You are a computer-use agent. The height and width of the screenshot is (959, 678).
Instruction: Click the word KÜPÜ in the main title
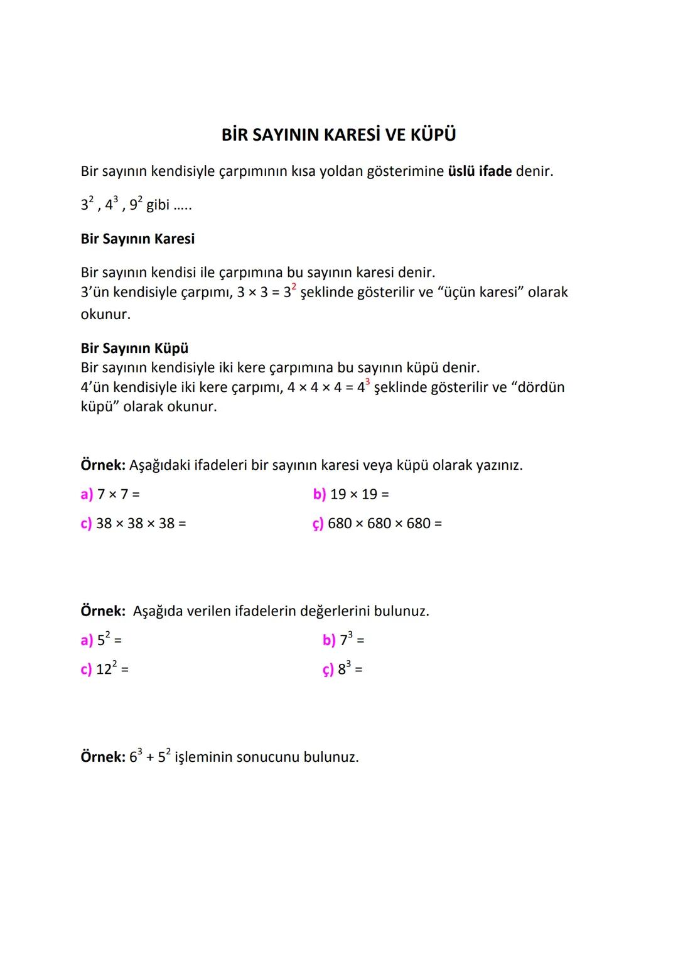pos(433,135)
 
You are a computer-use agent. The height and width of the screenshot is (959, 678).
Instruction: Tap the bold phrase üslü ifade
pos(480,171)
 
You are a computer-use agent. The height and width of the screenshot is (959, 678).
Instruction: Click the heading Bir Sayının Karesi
pos(137,239)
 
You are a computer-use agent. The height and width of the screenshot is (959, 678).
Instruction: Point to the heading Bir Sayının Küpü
pos(134,348)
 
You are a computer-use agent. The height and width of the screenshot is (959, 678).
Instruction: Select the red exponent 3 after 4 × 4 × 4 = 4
pos(367,382)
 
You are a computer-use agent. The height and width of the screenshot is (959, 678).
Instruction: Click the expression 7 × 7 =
pos(118,494)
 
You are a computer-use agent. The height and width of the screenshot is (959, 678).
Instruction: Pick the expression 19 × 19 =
pos(359,494)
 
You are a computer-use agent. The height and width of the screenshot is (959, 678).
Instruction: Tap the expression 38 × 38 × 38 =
pos(141,523)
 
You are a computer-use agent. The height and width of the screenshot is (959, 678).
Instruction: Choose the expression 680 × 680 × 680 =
pos(384,523)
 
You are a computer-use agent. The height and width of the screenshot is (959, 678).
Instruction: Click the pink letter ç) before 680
pos(318,524)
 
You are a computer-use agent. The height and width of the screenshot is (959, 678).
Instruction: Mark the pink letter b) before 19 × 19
pos(320,494)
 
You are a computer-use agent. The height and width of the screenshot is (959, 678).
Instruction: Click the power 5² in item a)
pos(103,639)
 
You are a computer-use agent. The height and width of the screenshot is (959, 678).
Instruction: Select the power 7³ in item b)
pos(346,639)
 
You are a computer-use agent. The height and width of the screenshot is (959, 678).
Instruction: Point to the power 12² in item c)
pos(106,668)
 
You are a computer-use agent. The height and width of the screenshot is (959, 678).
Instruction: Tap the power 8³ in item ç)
pos(344,668)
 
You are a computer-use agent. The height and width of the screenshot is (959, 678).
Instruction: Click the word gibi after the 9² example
pos(158,205)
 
